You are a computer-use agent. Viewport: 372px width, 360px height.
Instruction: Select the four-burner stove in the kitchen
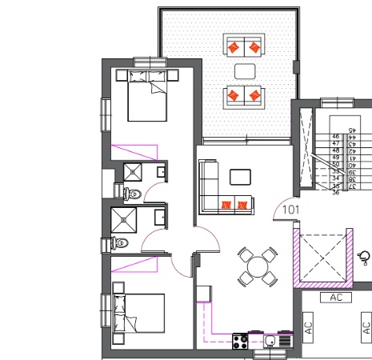(x=240, y=342)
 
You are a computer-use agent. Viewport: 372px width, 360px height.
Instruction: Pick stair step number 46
(x=336, y=138)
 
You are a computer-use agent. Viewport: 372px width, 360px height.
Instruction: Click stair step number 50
(x=336, y=164)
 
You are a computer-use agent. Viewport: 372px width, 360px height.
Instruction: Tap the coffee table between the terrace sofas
(x=244, y=70)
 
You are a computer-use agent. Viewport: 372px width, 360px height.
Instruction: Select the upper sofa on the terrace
(x=244, y=46)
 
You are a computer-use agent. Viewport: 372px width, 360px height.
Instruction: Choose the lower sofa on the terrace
(x=244, y=95)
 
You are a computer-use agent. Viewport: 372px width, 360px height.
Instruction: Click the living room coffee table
(x=240, y=176)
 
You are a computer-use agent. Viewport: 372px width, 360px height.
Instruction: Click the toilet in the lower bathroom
(x=120, y=242)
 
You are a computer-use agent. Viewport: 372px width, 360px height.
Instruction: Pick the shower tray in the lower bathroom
(x=126, y=219)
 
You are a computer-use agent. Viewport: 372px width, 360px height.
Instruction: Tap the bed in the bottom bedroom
(x=136, y=318)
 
